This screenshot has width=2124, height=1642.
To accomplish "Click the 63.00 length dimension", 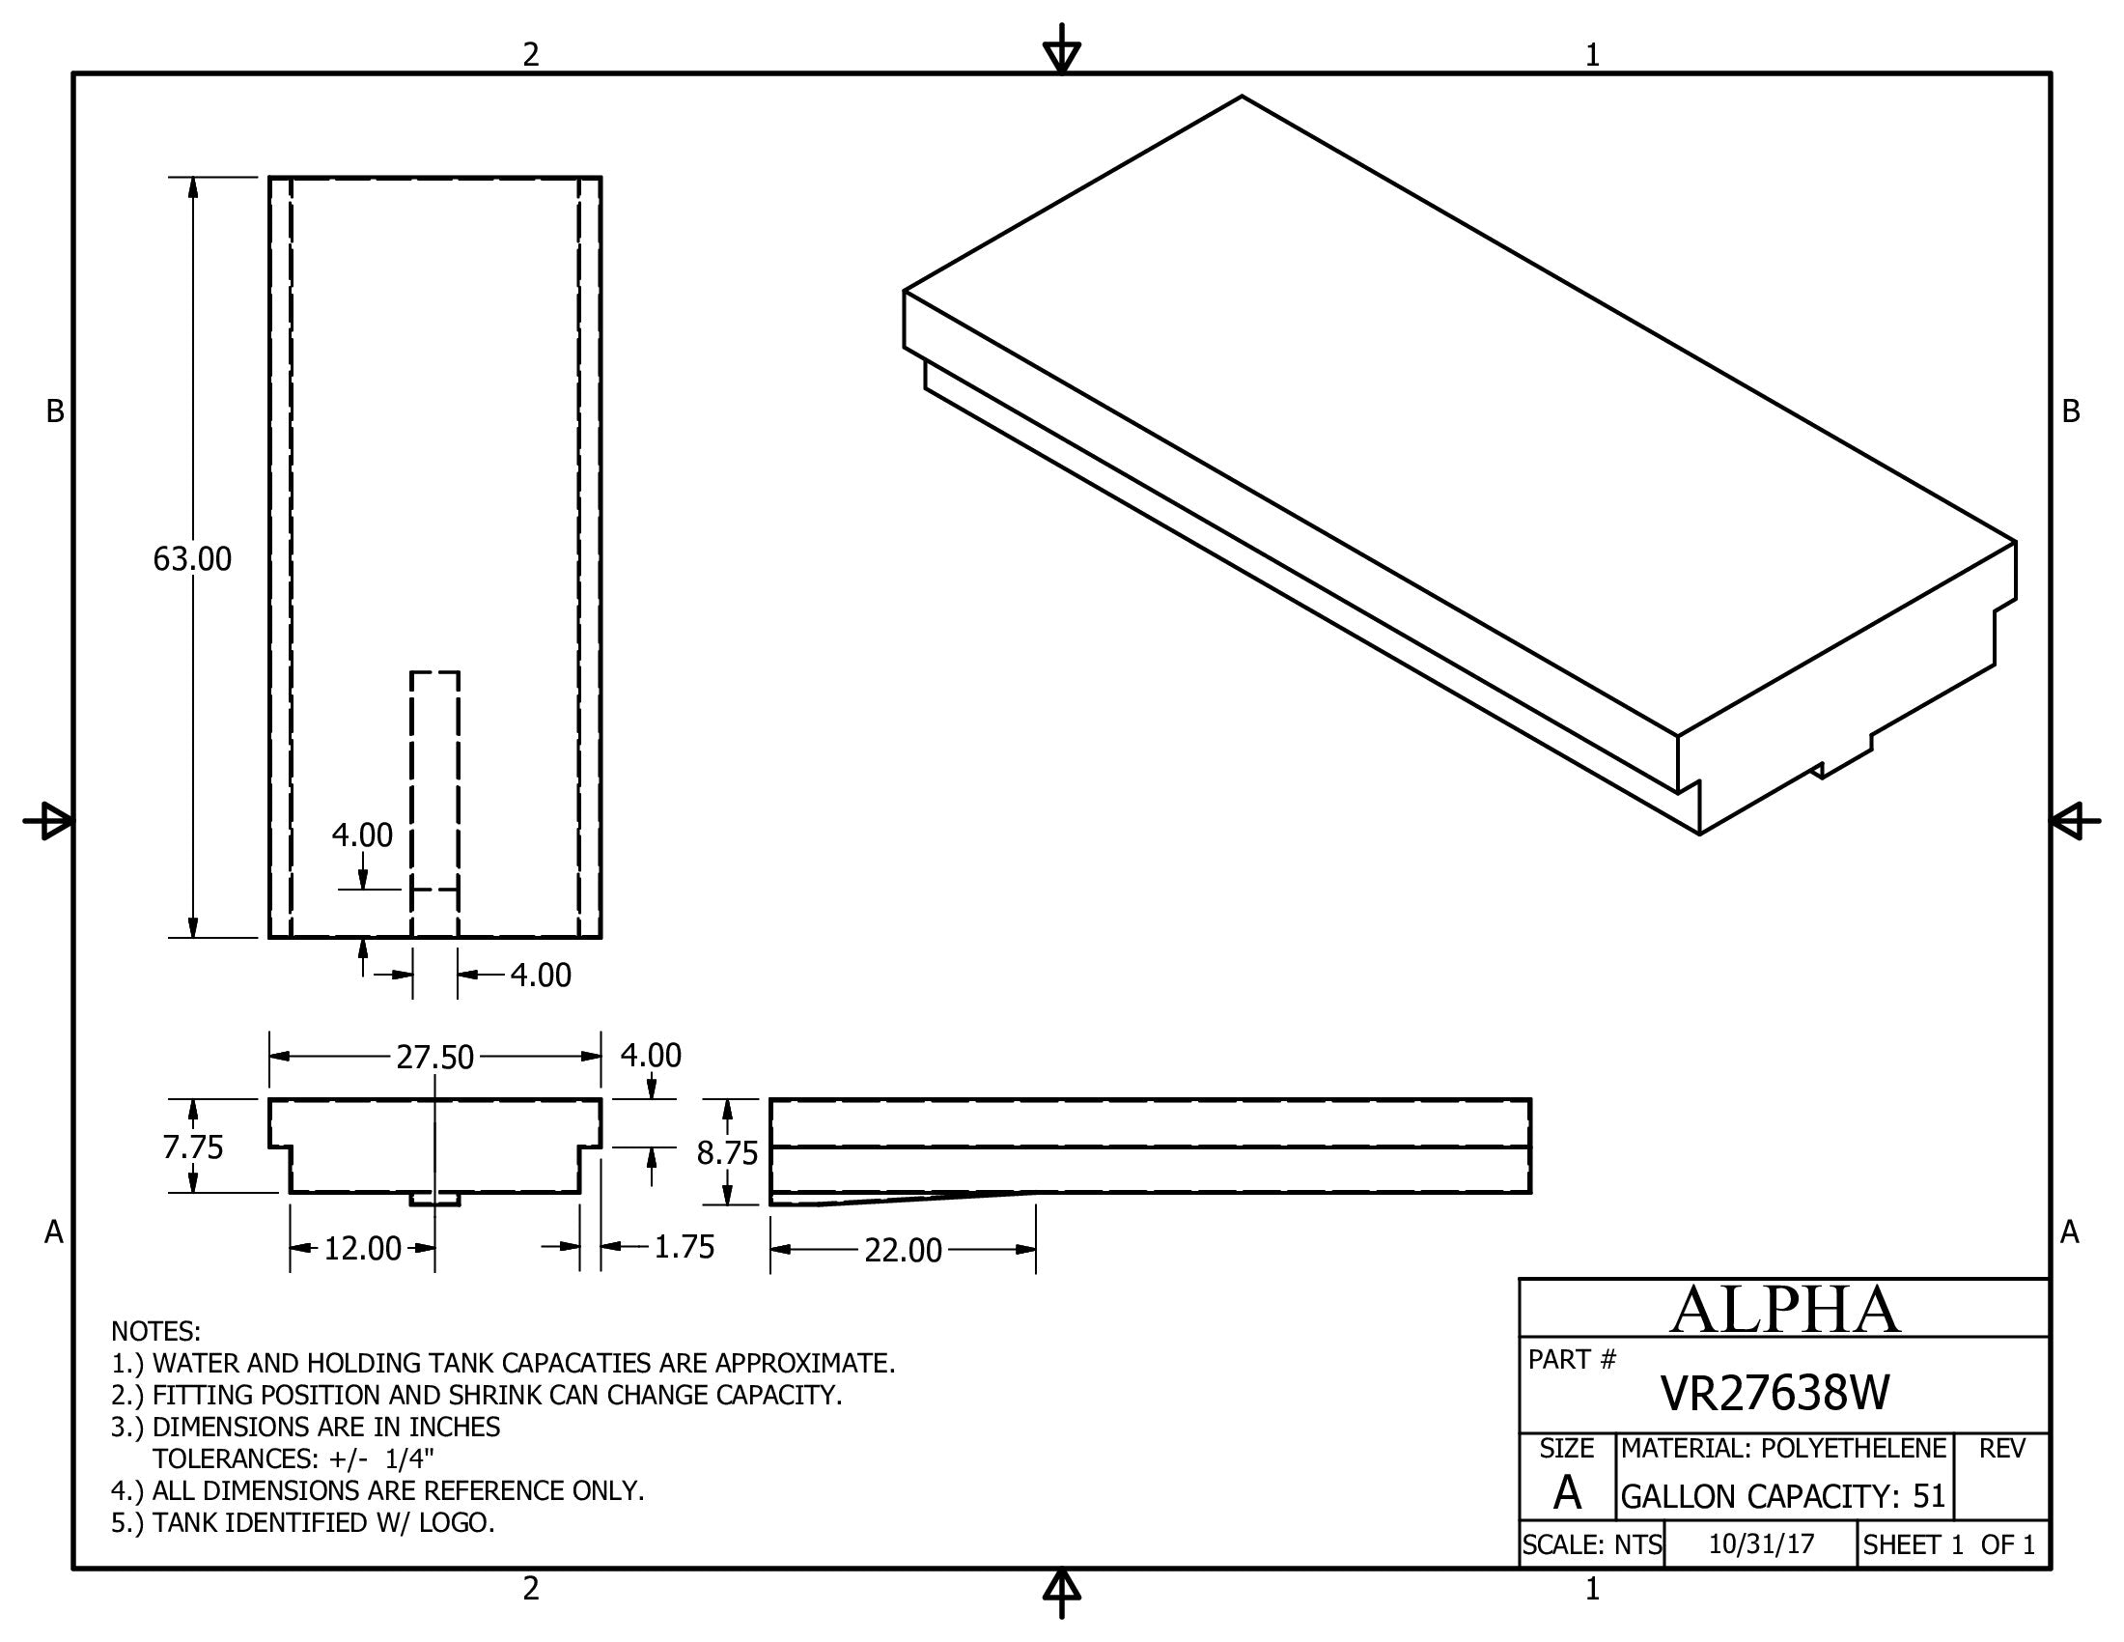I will click(192, 559).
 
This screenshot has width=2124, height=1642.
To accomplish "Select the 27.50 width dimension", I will click(434, 1057).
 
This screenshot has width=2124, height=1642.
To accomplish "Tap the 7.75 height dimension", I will click(192, 1147).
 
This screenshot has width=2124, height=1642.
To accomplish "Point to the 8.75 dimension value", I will click(726, 1152).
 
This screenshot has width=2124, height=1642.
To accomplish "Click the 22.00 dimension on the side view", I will click(903, 1250).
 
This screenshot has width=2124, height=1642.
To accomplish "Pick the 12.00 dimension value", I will click(362, 1248).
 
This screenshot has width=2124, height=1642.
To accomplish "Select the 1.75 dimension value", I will click(684, 1247).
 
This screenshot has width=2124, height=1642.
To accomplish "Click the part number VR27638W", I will click(1774, 1394).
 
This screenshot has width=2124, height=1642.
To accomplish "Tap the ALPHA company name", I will click(1784, 1310).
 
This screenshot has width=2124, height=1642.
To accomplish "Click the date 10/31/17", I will click(1761, 1544).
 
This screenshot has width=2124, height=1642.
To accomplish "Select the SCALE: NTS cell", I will click(1592, 1544).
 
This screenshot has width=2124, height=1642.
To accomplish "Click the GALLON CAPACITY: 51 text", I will click(1782, 1496).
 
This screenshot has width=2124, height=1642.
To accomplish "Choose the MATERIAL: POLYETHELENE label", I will click(1782, 1449).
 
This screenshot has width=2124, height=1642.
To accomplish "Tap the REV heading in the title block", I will click(2001, 1449).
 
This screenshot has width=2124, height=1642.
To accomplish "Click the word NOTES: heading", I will click(155, 1331).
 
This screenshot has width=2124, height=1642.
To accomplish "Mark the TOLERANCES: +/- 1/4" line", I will click(293, 1458).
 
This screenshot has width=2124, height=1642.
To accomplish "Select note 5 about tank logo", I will click(302, 1522).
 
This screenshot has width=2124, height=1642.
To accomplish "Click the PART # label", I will click(1572, 1359).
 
